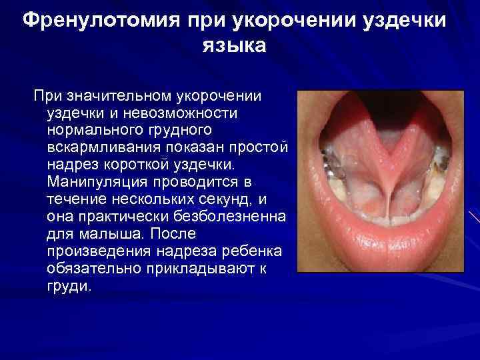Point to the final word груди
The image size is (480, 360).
tap(67, 285)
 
